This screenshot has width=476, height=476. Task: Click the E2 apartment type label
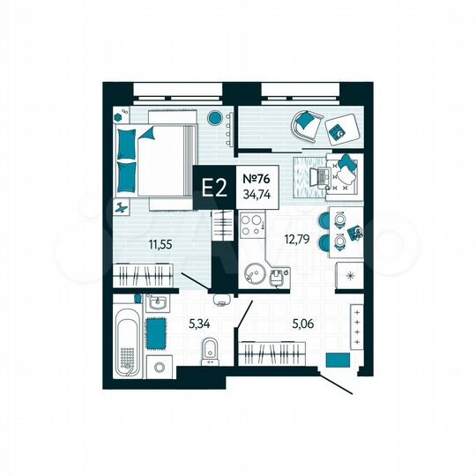click(213, 187)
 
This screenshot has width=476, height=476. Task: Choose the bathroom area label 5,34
click(201, 323)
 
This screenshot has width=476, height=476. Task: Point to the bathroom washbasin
click(159, 303)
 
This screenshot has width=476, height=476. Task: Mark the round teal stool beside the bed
click(214, 118)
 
